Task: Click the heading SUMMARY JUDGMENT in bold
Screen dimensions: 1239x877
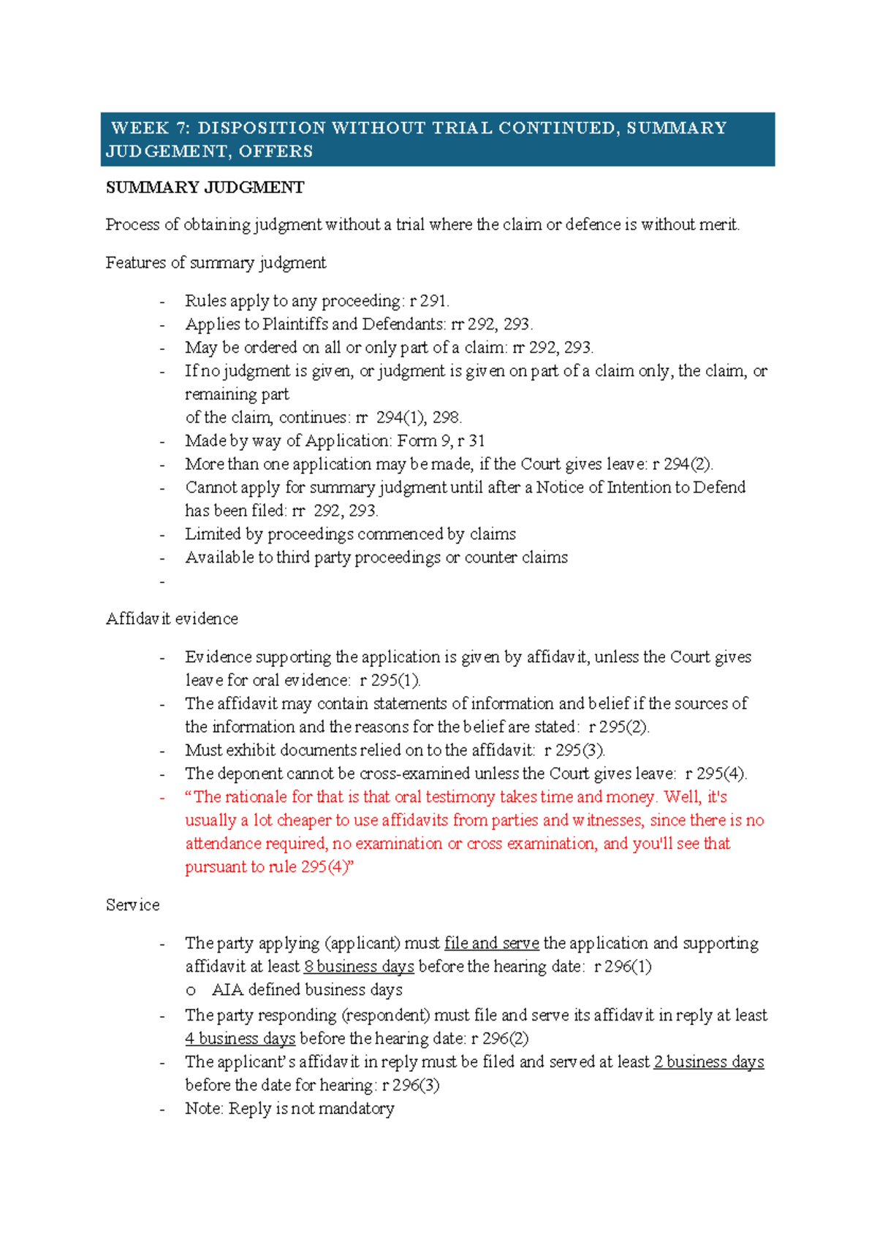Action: point(205,188)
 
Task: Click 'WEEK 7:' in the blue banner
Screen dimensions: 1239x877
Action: point(150,128)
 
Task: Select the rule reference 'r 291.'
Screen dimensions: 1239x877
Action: point(430,300)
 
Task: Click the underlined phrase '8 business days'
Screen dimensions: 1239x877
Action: point(359,967)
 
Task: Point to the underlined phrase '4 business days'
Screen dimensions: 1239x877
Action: point(240,1038)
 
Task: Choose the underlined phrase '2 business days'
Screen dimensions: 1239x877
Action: point(708,1061)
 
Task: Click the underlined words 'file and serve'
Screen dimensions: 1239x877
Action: point(491,943)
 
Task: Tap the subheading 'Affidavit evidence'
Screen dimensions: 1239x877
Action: point(172,619)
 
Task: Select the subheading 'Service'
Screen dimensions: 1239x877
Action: point(132,905)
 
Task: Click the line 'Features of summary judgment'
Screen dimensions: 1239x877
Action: point(216,262)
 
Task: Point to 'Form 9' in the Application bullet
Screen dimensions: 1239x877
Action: point(423,441)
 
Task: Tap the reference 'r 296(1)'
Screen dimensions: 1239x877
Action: point(623,967)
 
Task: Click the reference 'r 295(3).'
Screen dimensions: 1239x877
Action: point(574,750)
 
